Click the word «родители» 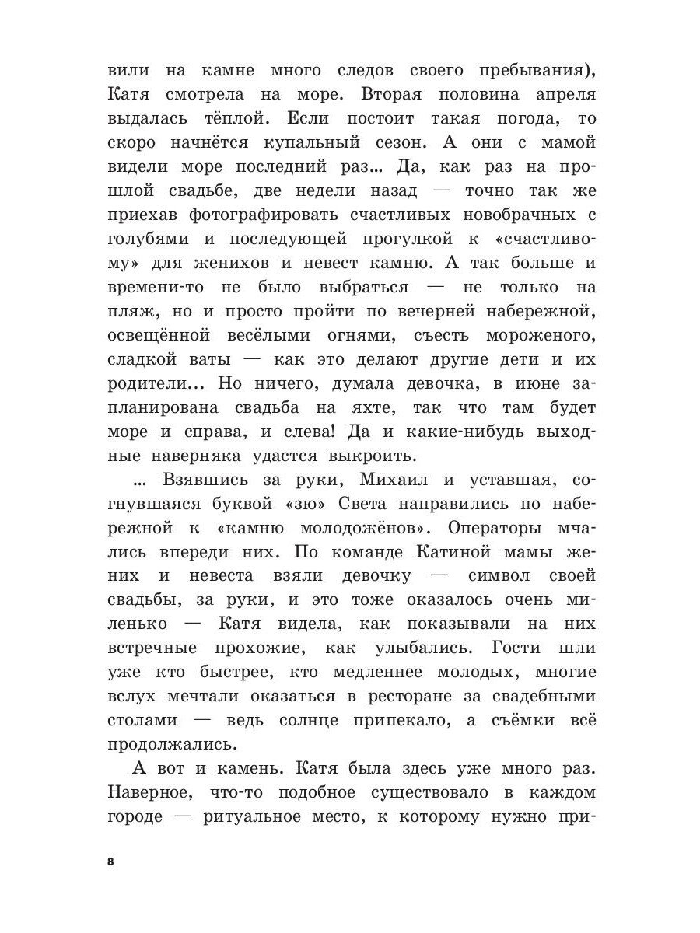(151, 384)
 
